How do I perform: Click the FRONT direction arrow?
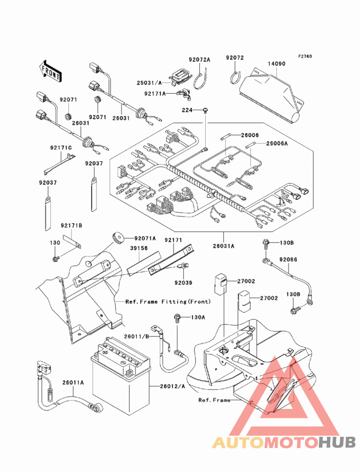pos(50,71)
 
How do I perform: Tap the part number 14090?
pos(277,64)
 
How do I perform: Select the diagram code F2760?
pos(305,56)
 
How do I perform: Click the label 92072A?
pos(199,59)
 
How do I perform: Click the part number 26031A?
pos(224,246)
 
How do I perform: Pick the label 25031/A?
pos(149,83)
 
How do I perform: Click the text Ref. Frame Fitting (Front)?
pos(168,301)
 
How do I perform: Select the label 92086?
pos(288,259)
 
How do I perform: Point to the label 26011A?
pos(73,382)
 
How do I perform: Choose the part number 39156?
pos(139,248)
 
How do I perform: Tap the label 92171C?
pos(61,148)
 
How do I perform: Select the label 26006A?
pos(277,144)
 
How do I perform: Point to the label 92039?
pos(183,283)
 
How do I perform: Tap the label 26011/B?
pos(137,336)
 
